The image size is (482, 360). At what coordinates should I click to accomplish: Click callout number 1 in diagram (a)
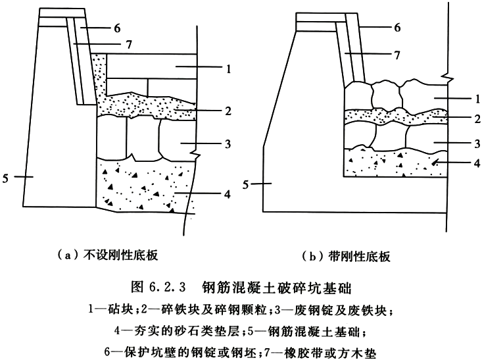point(228,68)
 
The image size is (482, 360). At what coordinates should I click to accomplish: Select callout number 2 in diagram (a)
point(228,111)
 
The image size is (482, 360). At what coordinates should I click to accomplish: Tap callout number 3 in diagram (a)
point(228,143)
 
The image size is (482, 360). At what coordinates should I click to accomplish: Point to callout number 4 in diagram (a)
point(228,194)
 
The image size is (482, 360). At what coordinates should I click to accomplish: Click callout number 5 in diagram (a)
point(5,178)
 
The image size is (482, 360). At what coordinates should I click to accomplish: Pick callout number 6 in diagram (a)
point(118,28)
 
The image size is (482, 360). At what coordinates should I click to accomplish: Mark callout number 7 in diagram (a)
point(129,45)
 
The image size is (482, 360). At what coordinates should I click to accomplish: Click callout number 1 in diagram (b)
point(477,99)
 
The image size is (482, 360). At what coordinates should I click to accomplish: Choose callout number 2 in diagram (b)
point(477,118)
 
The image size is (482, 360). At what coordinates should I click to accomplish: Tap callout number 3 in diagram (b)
point(477,143)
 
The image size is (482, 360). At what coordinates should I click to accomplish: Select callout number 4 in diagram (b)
point(477,163)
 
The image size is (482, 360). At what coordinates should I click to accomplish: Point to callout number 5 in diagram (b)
point(245,185)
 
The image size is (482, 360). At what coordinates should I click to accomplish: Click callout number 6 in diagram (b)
point(397,28)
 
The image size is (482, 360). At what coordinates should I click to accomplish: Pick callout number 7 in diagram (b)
point(397,55)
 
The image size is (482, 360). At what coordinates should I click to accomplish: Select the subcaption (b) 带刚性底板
point(346,256)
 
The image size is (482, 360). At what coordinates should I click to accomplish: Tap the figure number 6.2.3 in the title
point(168,287)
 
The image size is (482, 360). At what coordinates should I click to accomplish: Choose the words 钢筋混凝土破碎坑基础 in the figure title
point(277,288)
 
